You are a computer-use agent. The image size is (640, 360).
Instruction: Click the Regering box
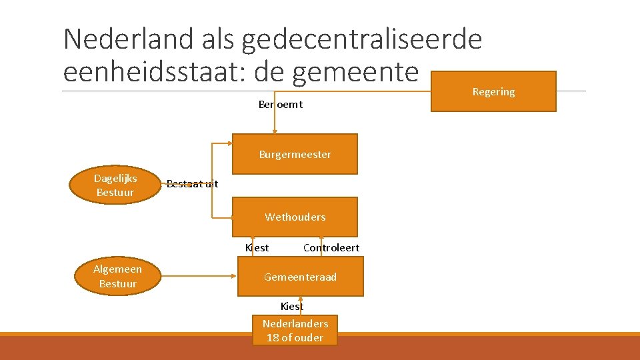point(493,91)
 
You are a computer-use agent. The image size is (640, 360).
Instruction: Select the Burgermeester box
point(295,154)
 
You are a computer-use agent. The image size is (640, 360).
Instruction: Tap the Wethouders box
point(295,217)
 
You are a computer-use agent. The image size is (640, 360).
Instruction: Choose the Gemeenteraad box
point(301,277)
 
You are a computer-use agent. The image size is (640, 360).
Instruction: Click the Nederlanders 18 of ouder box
point(295,330)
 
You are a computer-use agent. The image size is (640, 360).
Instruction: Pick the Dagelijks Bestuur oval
point(115,185)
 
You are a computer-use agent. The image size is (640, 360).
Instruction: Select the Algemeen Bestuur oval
point(117,276)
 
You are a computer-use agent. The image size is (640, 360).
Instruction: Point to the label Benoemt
point(280,105)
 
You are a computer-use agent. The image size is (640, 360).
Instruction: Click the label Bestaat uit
point(192,184)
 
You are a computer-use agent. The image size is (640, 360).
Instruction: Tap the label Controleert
point(331,247)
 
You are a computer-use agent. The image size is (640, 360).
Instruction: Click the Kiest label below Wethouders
point(257,247)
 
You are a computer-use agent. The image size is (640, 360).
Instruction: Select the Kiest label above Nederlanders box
point(291,306)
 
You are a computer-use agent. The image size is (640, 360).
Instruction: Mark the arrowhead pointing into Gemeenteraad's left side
point(234,273)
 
